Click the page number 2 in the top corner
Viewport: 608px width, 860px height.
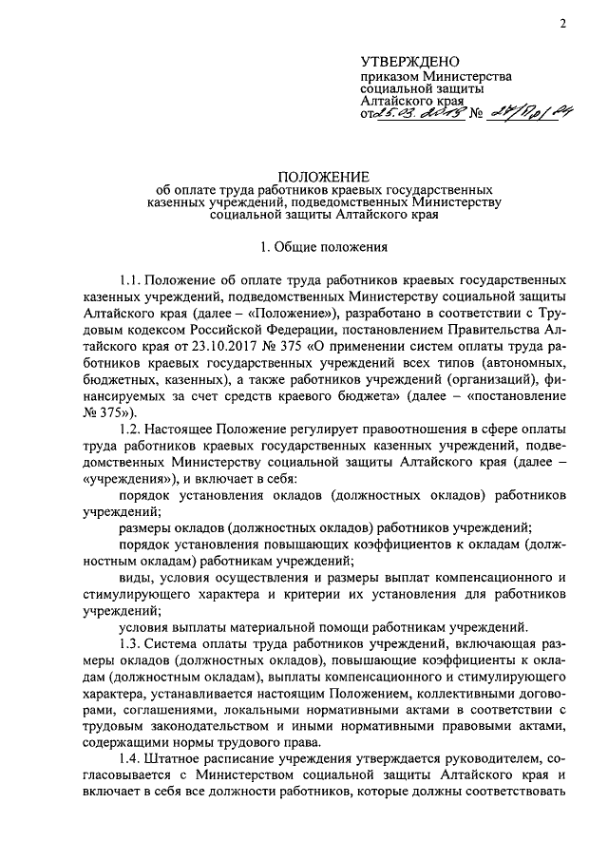pyautogui.click(x=562, y=23)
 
